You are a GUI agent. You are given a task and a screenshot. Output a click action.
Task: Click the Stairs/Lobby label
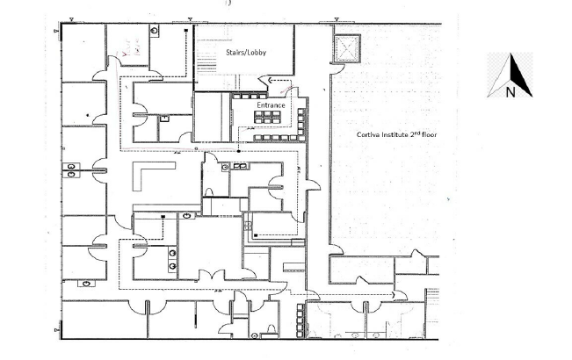(x=246, y=53)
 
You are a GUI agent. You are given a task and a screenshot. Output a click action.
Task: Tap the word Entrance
(x=271, y=105)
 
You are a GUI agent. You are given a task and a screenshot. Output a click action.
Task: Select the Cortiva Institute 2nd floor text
(x=396, y=134)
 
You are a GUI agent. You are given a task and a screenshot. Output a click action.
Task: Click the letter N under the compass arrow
(x=510, y=92)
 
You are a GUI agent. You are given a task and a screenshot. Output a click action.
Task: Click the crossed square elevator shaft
(x=346, y=48)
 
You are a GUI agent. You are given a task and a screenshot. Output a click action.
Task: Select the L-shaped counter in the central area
(x=146, y=175)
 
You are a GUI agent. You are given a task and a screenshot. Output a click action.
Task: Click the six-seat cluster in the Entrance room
(x=267, y=118)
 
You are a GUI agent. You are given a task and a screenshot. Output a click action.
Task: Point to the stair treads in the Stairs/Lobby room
(x=206, y=67)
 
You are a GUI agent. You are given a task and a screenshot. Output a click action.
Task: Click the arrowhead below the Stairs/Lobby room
(x=271, y=80)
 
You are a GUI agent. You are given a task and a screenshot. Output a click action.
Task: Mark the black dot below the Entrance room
(x=239, y=151)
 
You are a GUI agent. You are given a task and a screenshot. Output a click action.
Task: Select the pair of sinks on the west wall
(x=71, y=170)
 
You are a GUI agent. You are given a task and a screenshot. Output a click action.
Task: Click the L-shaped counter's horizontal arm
(x=154, y=166)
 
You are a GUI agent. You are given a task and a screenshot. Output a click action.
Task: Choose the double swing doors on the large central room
(x=213, y=275)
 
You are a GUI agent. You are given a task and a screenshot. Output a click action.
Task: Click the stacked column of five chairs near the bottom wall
(x=300, y=320)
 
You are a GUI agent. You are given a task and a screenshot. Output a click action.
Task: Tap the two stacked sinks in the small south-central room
(x=172, y=259)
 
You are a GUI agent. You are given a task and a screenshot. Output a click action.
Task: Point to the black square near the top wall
(x=186, y=31)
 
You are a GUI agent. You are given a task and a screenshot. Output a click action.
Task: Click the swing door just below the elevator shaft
(x=337, y=68)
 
